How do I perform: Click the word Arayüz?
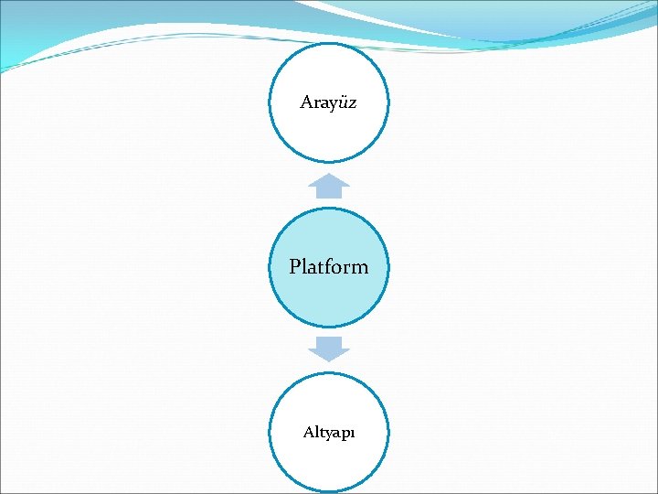(329, 102)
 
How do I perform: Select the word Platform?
(329, 267)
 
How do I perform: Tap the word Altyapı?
(329, 433)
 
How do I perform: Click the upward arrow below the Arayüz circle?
(329, 187)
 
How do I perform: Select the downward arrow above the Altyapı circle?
(329, 348)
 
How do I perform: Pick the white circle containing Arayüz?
(329, 133)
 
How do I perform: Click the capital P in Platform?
(295, 267)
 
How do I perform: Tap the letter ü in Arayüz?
(342, 102)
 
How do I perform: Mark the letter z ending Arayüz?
(352, 102)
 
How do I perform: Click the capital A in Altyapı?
(309, 432)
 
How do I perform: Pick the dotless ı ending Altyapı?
(353, 434)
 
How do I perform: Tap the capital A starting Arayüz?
(306, 102)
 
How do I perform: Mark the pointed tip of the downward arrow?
(329, 360)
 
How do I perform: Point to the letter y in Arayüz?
(332, 104)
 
